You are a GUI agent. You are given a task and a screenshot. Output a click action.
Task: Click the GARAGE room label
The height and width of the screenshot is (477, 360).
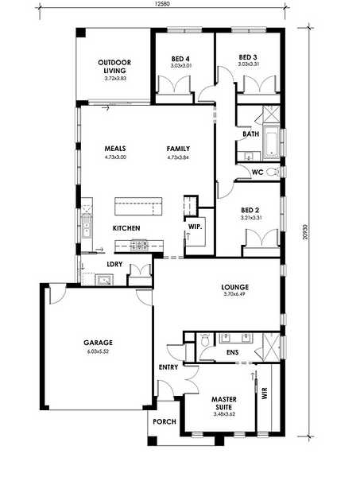(98, 343)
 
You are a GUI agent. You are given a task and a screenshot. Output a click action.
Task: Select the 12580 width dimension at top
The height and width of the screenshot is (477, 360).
(162, 4)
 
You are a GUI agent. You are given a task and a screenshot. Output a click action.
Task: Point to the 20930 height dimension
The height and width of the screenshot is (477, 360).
(306, 232)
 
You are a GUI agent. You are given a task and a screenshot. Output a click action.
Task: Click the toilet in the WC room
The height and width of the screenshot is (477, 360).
(273, 173)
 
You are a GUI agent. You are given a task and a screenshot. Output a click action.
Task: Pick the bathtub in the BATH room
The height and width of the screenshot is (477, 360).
(272, 142)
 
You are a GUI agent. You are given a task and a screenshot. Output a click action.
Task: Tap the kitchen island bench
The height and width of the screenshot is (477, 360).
(138, 207)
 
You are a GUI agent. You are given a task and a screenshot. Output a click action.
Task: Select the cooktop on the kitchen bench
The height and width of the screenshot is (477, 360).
(138, 245)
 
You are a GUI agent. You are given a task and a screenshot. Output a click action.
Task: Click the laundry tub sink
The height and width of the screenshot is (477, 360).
(104, 280)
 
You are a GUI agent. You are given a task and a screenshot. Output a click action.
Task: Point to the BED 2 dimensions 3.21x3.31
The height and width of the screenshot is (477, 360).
(251, 218)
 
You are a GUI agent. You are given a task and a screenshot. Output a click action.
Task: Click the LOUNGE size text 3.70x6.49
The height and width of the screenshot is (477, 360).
(234, 294)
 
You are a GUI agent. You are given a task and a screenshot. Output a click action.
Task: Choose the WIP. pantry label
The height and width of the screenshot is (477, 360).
(195, 227)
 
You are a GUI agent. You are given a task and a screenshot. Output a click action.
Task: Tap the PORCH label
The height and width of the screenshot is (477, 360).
(165, 421)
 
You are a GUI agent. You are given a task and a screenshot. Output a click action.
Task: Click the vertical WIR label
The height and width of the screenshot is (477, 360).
(264, 393)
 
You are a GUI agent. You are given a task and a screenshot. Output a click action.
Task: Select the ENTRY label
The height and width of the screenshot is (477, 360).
(168, 367)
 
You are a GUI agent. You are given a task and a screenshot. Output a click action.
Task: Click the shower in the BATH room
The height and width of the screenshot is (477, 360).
(271, 114)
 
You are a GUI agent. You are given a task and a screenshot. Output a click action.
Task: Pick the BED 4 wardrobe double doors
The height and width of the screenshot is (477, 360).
(175, 84)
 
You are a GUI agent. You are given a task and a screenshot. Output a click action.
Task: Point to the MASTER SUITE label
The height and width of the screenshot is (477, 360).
(224, 403)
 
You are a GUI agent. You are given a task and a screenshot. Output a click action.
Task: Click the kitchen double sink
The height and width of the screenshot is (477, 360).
(87, 228)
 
